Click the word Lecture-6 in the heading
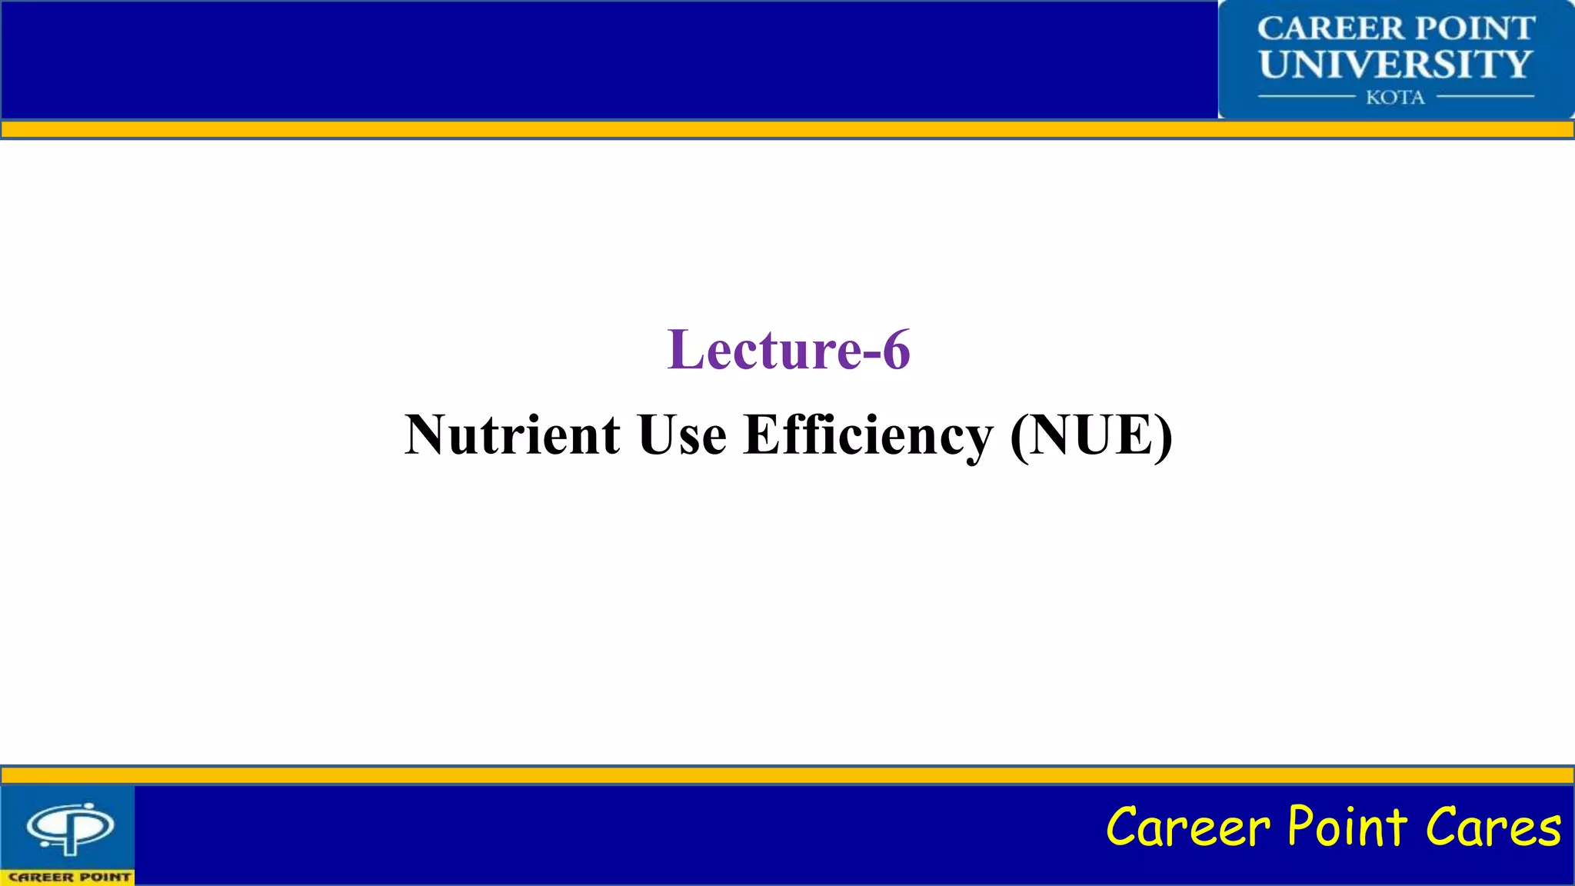click(x=788, y=350)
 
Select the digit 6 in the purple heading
click(x=896, y=350)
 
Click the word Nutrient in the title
click(x=512, y=435)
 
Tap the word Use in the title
click(x=682, y=435)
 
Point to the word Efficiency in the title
click(x=868, y=435)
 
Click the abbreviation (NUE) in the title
click(x=1091, y=435)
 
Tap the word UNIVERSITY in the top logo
click(x=1396, y=64)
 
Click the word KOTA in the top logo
click(x=1395, y=98)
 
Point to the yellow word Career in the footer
click(x=1188, y=828)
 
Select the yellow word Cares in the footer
click(x=1493, y=828)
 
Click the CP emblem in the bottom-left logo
click(x=70, y=828)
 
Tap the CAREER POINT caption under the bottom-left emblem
click(x=69, y=877)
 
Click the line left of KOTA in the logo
click(x=1306, y=97)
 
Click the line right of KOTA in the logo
click(x=1485, y=97)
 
